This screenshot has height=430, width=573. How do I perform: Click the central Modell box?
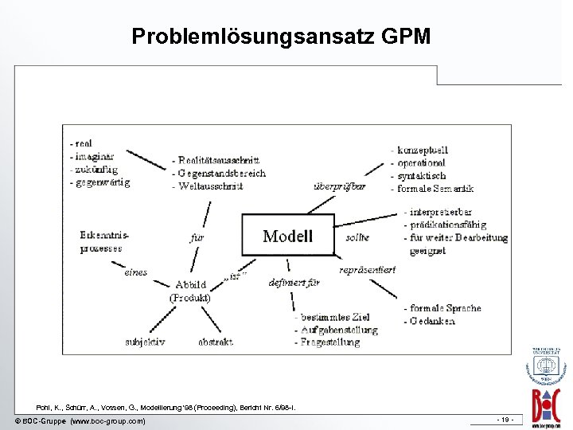coord(288,236)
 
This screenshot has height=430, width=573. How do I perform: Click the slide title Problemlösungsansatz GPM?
coord(281,37)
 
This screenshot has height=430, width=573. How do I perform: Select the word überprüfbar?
coord(340,186)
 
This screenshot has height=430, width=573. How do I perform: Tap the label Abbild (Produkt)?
coord(189,291)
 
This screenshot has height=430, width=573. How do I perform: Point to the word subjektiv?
coord(145,342)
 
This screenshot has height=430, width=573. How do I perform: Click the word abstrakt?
coord(216,342)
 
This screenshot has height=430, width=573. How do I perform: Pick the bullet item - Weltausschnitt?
coord(208,186)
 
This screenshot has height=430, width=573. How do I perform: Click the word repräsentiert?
coord(367,270)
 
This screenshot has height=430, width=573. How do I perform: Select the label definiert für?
coord(294,282)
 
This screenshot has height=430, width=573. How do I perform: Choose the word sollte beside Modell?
coord(357,237)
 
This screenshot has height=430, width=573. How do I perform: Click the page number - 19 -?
coord(505,420)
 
